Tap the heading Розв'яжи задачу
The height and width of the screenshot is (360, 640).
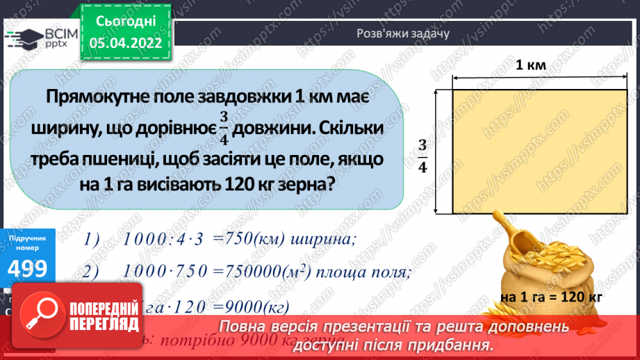coord(403,33)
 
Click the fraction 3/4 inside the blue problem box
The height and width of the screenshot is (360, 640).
coord(224,129)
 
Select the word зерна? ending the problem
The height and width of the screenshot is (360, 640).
coord(305,186)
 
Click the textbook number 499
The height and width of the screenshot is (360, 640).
coord(28,268)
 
